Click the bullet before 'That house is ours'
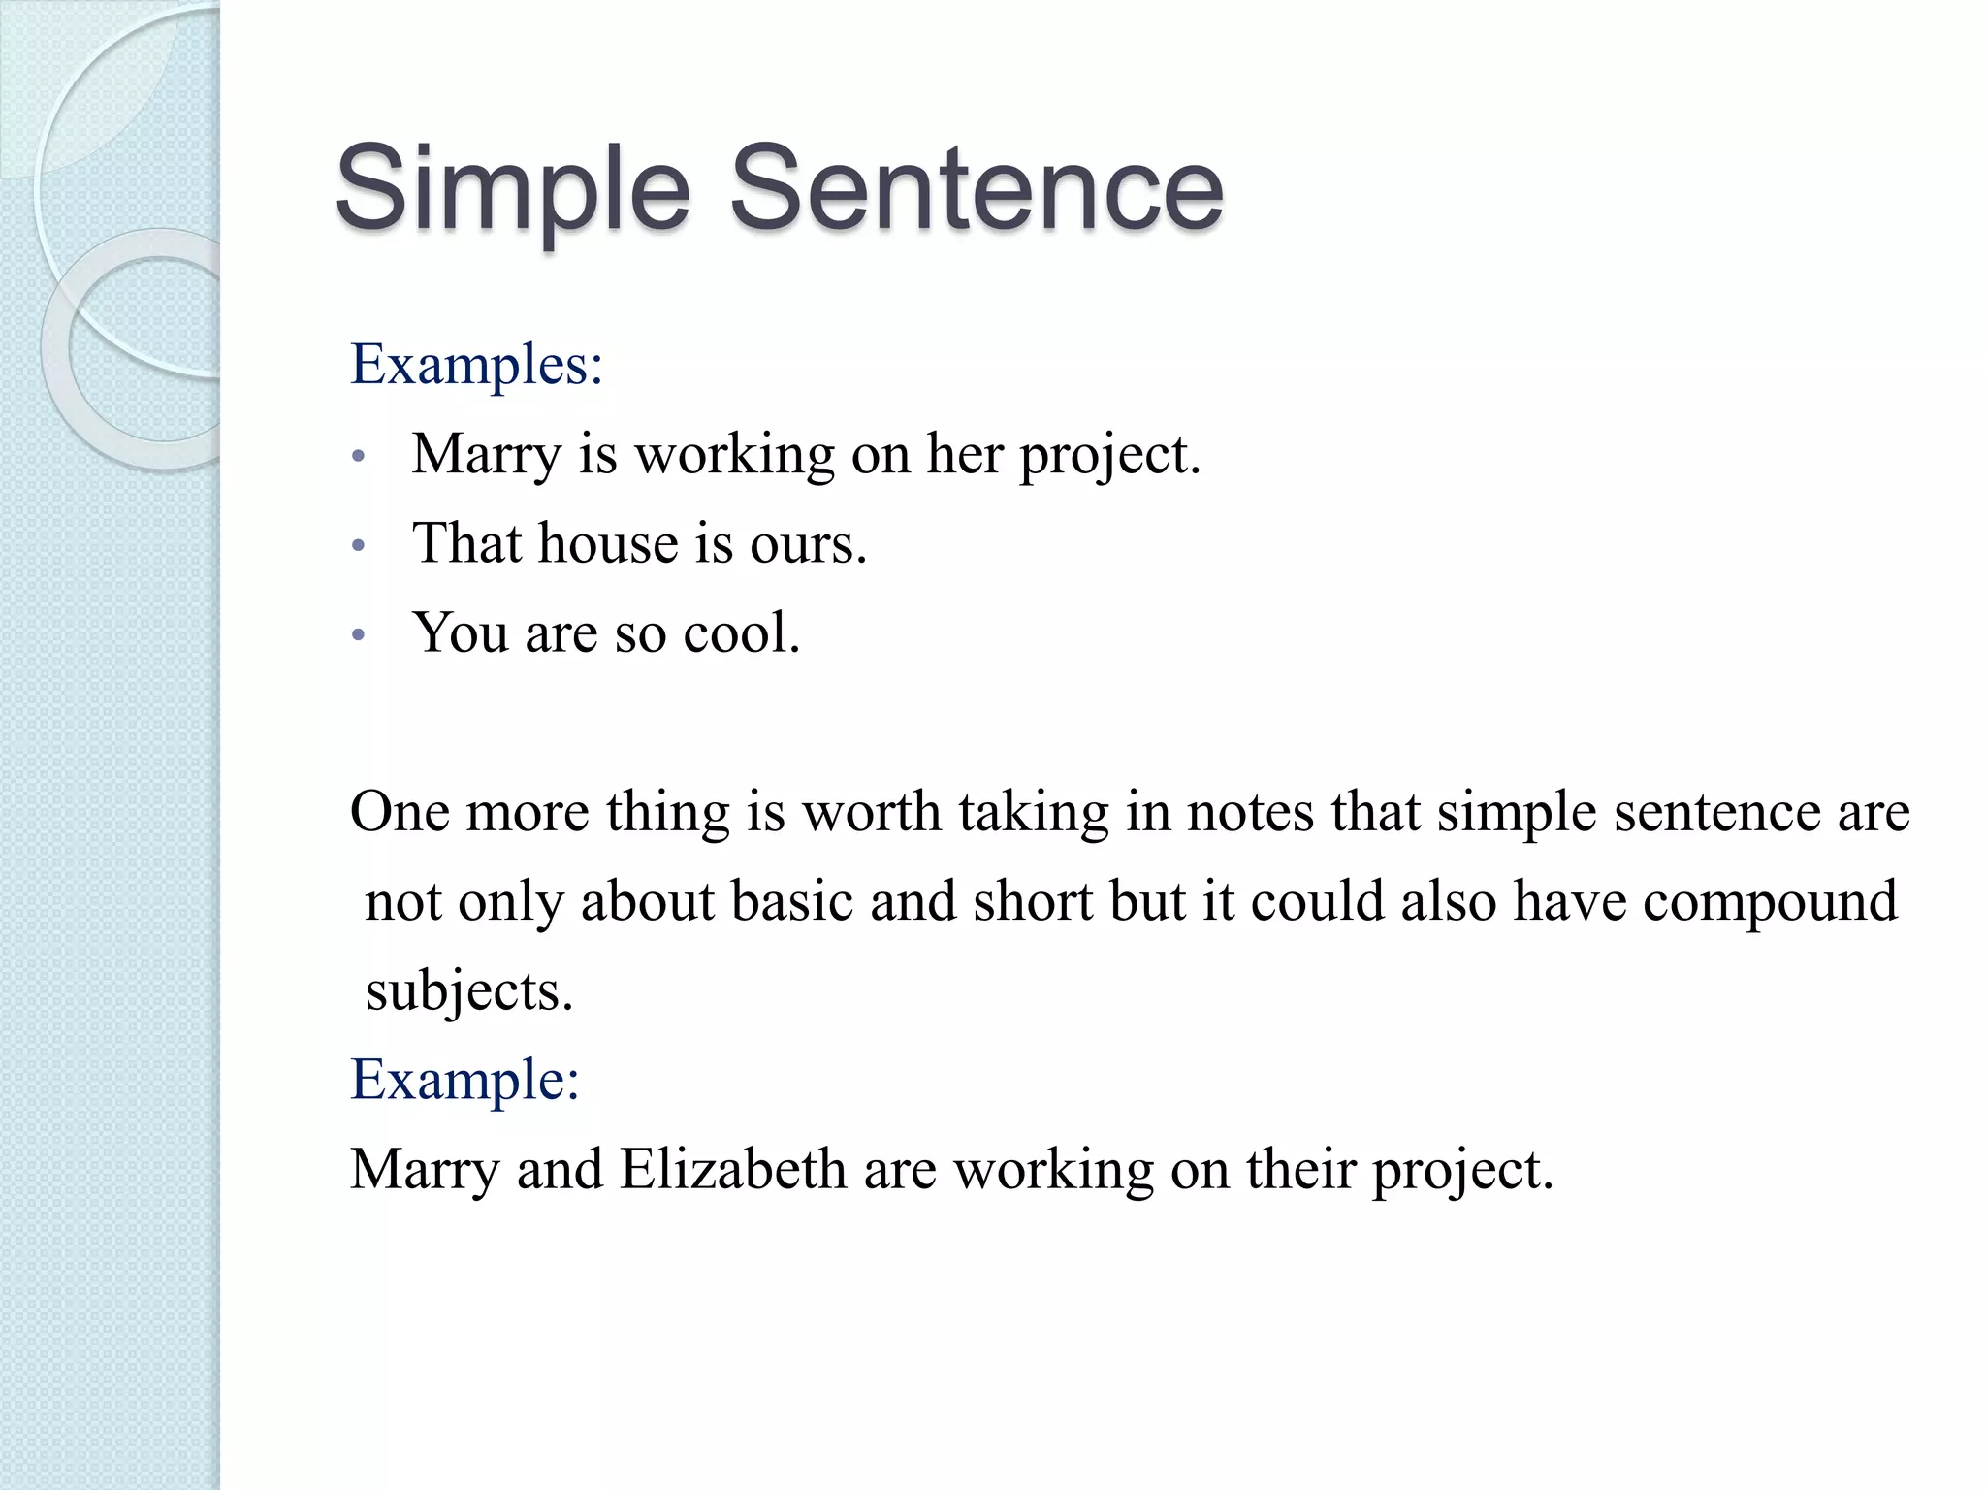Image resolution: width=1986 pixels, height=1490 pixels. pos(358,546)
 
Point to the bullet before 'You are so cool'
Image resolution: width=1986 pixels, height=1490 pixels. pos(358,635)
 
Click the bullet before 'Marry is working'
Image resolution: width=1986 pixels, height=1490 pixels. pos(358,456)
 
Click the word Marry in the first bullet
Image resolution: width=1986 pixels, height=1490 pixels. pos(486,455)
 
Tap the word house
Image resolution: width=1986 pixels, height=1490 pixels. pos(607,543)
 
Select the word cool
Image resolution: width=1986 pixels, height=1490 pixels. pos(741,633)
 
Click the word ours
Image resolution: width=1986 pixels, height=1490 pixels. pos(807,544)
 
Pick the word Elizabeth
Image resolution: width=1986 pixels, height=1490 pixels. pos(733,1169)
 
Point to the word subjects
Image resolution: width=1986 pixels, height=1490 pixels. pos(469,992)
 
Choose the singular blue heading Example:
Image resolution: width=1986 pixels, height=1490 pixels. pos(464,1080)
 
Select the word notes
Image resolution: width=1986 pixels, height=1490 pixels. pos(1250,812)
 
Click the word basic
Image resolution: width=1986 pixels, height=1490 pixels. pos(791,901)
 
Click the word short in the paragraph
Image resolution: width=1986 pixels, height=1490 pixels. pos(1033,901)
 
